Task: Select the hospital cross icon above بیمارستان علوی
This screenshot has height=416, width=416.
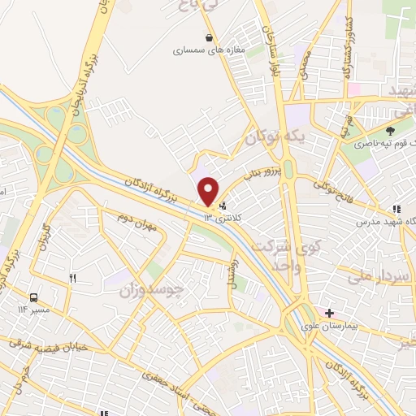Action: coord(329,313)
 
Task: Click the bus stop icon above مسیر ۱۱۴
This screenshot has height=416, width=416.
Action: coord(35,297)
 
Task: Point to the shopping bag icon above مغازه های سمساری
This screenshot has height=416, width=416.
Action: coord(210,37)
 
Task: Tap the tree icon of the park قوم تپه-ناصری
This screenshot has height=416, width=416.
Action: coord(390,130)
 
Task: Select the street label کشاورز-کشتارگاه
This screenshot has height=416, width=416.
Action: coord(345,41)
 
